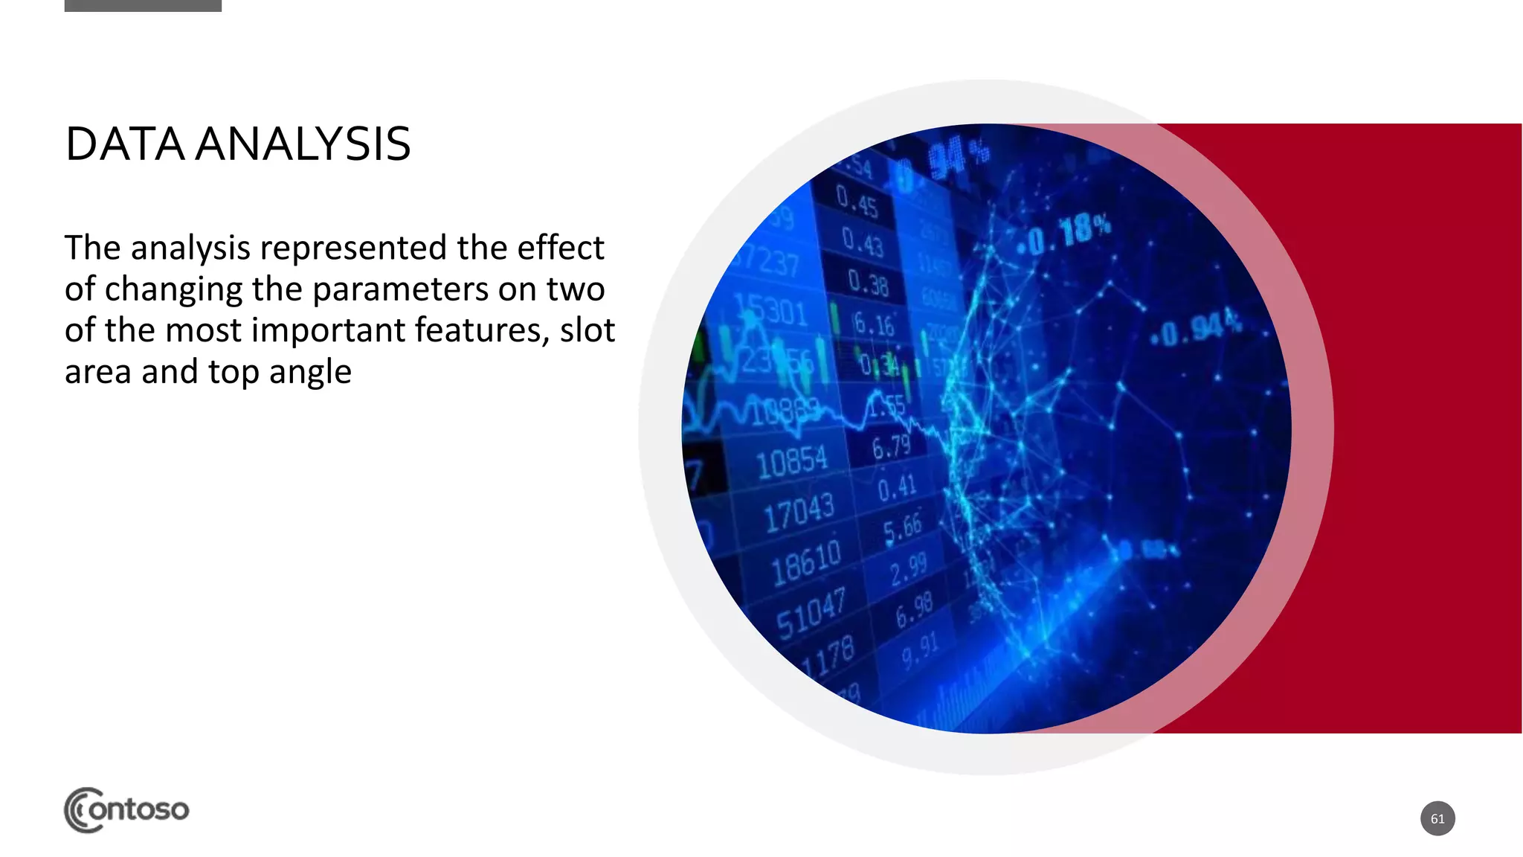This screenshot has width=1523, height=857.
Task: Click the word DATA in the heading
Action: pos(124,144)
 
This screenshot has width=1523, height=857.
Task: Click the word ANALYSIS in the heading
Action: pos(303,144)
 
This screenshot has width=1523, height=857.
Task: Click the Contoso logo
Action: pos(126,809)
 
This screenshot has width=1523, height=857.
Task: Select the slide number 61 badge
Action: pos(1437,818)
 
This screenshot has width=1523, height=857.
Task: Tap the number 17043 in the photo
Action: pos(799,512)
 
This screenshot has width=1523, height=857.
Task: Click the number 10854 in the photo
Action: pos(791,462)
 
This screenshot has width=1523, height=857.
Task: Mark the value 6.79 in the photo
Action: pos(891,447)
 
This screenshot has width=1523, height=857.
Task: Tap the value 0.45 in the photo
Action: pos(857,201)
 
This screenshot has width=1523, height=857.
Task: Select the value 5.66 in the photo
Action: pos(902,527)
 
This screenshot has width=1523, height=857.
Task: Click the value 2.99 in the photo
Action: pos(908,569)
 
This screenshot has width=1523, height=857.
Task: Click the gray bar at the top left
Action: pos(143,6)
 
